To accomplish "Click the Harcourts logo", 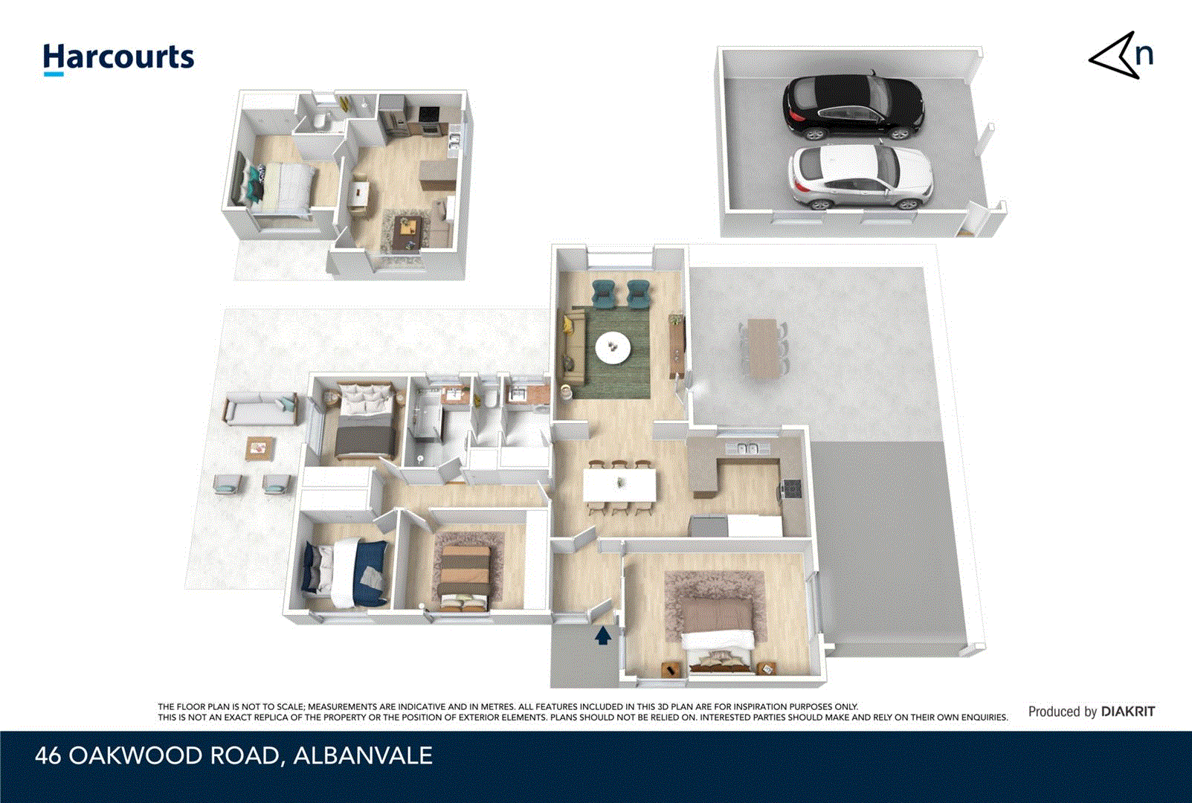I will [118, 58].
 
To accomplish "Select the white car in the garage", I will [860, 178].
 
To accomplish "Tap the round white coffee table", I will [613, 346].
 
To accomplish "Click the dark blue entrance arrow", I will [602, 635].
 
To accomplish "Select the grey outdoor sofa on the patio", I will [260, 410].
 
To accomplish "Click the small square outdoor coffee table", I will [260, 448].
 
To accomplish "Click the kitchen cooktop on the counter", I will [792, 488].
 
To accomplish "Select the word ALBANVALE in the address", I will [362, 755].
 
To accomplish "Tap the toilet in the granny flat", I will [320, 120].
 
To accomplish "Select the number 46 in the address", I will [48, 755].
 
